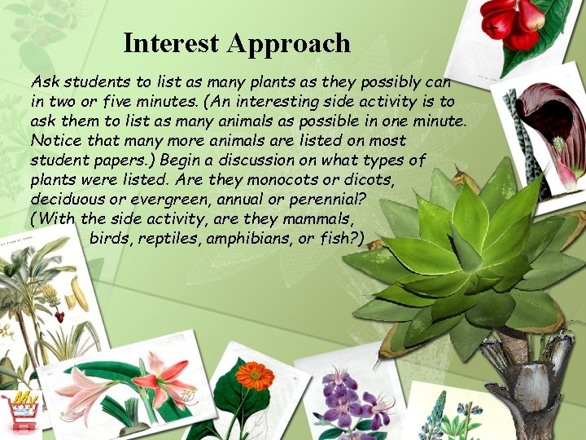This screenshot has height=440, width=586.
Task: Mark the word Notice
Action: click(51, 140)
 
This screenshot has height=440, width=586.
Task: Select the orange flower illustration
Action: click(255, 376)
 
